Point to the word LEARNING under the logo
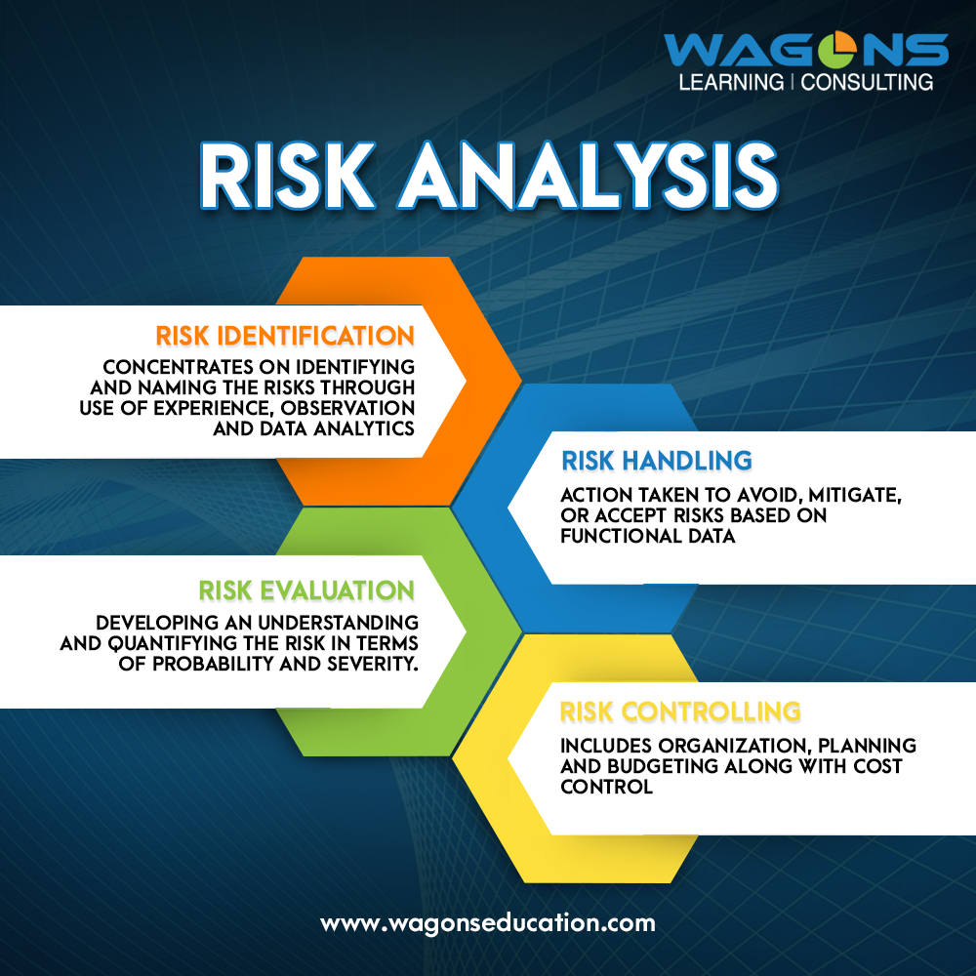click(x=730, y=82)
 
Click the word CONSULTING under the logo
click(x=868, y=82)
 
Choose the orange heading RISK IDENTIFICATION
click(x=285, y=336)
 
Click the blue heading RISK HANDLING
click(x=656, y=460)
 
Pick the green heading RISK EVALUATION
click(x=306, y=590)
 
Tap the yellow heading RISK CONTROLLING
click(x=680, y=711)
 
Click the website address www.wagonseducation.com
click(x=488, y=921)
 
